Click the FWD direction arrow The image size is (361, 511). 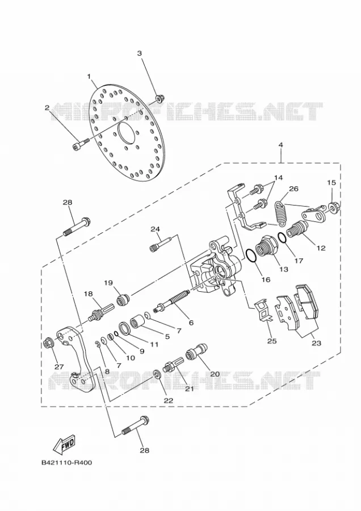click(x=64, y=445)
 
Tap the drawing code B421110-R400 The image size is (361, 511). click(x=66, y=462)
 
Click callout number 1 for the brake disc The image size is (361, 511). click(x=89, y=76)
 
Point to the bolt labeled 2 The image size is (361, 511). click(x=81, y=144)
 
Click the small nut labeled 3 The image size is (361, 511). click(x=159, y=98)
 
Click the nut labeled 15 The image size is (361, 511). click(x=333, y=208)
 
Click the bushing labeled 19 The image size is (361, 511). click(x=122, y=300)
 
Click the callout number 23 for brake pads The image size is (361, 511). click(x=316, y=343)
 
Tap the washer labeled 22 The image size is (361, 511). click(x=156, y=374)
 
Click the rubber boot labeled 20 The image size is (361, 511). click(x=196, y=351)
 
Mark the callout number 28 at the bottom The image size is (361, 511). click(x=144, y=450)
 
